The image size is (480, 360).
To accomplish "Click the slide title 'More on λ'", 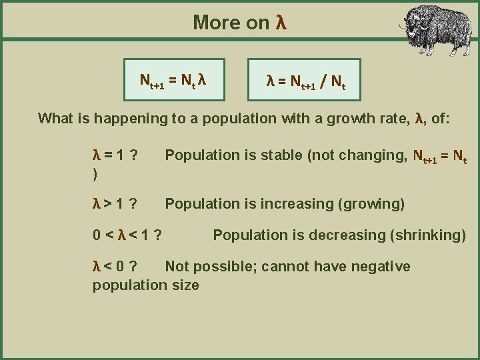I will click(x=239, y=22).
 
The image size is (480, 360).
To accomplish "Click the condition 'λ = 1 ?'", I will click(x=115, y=155).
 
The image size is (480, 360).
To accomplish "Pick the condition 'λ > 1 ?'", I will click(x=115, y=204).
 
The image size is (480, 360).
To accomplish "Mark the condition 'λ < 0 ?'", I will click(x=115, y=267).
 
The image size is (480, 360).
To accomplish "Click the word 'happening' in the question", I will click(x=125, y=119).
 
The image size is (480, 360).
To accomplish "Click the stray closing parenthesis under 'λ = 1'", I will click(x=95, y=173).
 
